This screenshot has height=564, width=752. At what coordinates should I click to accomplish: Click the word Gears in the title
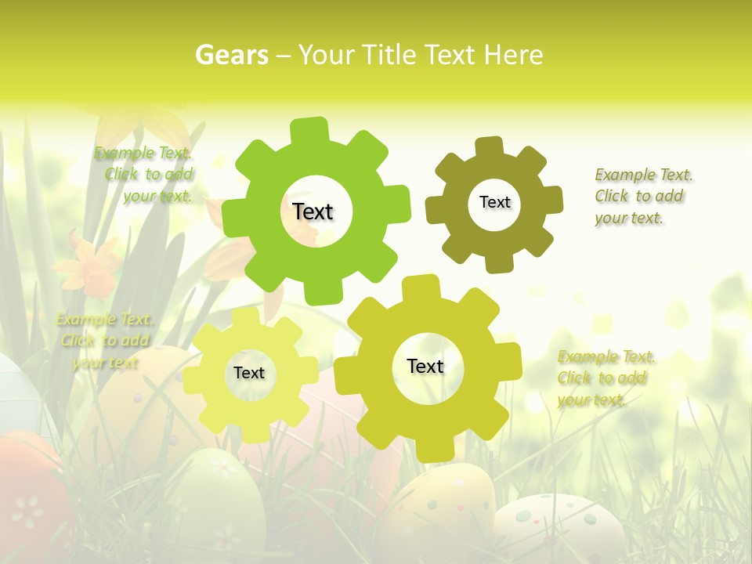coord(231,55)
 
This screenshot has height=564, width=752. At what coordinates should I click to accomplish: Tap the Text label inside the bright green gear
coord(313,211)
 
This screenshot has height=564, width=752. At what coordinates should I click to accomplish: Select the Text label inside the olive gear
coord(495,202)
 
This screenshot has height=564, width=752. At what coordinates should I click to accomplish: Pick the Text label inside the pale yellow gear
coord(249,373)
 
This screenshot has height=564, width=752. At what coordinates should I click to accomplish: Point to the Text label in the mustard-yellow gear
coord(425,366)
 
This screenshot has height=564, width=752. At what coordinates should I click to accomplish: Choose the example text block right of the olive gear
coord(642,196)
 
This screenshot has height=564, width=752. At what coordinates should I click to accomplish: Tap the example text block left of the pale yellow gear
coord(105,341)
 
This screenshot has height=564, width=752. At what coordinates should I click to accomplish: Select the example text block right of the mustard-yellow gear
coord(605,378)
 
